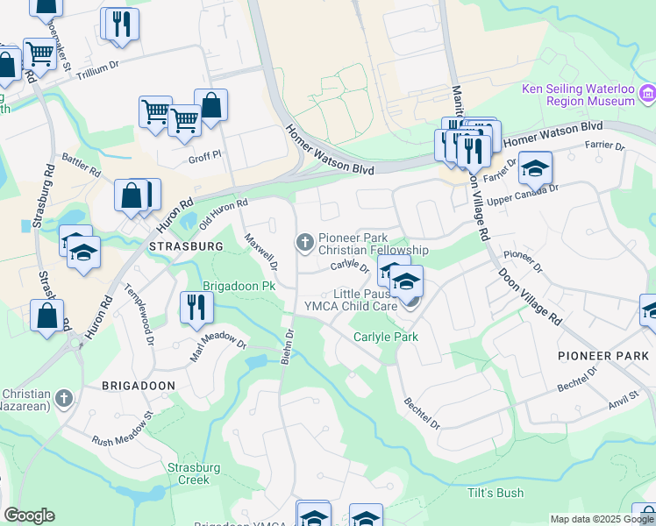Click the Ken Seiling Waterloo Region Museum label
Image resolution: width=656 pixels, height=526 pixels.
[577, 95]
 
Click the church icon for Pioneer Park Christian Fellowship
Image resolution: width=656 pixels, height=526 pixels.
[305, 242]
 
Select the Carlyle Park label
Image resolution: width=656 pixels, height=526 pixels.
[386, 337]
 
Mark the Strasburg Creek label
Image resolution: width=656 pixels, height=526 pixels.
[189, 473]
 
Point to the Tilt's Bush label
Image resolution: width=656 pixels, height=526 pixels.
[496, 493]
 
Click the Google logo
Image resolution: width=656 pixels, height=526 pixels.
[29, 515]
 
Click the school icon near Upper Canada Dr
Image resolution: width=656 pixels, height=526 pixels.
[535, 167]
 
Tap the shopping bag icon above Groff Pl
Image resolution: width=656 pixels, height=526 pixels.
[210, 105]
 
